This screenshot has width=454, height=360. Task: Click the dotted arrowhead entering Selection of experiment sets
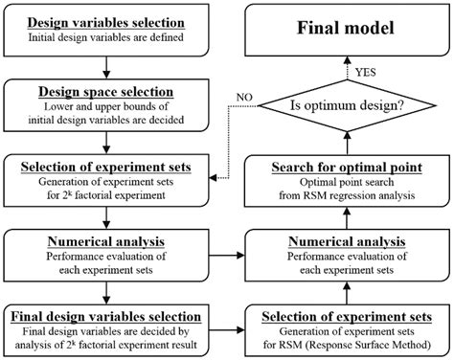(x=214, y=179)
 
